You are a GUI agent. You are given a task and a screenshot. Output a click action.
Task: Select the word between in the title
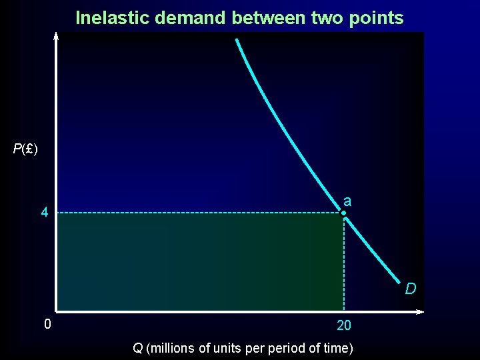pos(269,17)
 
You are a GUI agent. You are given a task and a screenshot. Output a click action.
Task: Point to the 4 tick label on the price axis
pos(44,213)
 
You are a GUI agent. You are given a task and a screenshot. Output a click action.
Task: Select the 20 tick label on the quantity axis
pos(344,326)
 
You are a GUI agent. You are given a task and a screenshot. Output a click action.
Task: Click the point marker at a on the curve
pos(343,213)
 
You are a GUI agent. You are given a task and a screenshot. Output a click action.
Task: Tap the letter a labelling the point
pos(348,200)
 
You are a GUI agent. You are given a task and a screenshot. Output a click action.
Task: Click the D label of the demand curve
pos(411,289)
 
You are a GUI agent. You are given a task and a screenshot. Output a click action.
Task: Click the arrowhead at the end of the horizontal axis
pos(421,311)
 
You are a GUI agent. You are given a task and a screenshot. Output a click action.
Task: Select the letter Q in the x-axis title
pos(137,348)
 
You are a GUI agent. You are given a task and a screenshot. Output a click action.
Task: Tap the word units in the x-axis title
pos(228,348)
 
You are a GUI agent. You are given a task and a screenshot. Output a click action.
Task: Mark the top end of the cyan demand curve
pos(236,39)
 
